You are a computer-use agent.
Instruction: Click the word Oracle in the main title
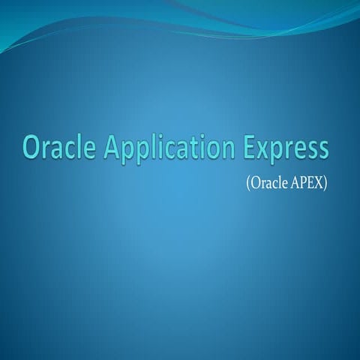pyautogui.click(x=59, y=147)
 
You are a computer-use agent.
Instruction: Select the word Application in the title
pyautogui.click(x=169, y=150)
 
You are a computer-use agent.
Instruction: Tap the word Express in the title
pyautogui.click(x=286, y=150)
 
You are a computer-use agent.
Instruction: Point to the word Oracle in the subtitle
pyautogui.click(x=268, y=183)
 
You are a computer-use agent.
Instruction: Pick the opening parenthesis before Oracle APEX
pyautogui.click(x=248, y=184)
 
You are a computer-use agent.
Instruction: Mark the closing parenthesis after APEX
pyautogui.click(x=325, y=184)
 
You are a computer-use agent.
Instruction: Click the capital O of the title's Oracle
pyautogui.click(x=32, y=148)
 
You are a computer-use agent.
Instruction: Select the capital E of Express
pyautogui.click(x=250, y=148)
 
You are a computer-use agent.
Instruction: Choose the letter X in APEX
pyautogui.click(x=318, y=183)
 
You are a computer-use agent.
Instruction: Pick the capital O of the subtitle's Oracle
pyautogui.click(x=255, y=184)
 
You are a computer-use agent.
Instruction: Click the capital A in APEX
pyautogui.click(x=295, y=183)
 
